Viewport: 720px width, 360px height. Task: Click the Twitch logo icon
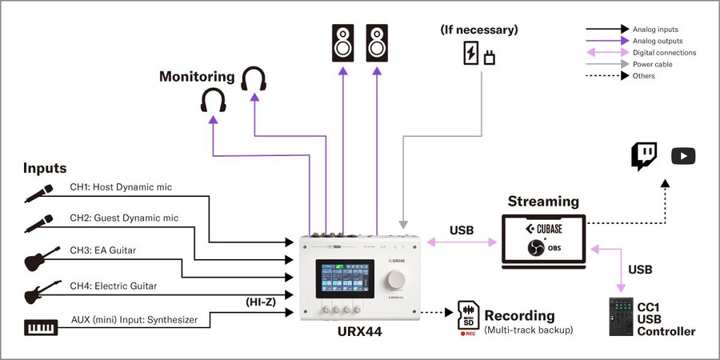[644, 156]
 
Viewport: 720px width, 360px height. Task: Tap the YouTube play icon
[683, 156]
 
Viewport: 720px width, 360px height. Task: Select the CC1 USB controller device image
[621, 317]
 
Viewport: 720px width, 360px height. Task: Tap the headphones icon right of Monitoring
[254, 80]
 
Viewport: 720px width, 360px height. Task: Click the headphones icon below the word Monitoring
[213, 100]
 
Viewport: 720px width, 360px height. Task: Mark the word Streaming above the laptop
[542, 202]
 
